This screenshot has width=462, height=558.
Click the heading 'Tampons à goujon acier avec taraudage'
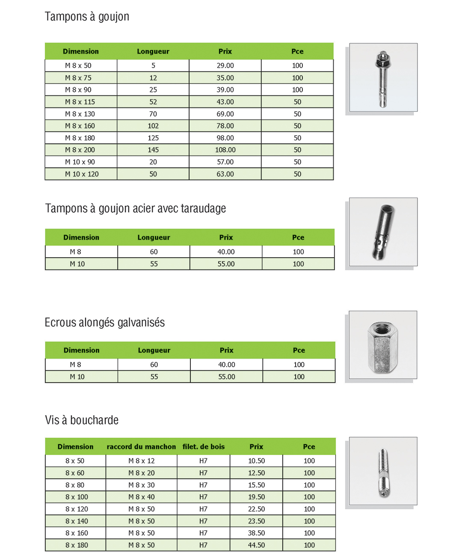click(x=136, y=208)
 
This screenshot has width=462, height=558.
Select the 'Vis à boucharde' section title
click(x=82, y=420)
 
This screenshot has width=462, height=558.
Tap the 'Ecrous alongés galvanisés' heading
click(x=105, y=323)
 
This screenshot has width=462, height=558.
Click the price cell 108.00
click(x=225, y=150)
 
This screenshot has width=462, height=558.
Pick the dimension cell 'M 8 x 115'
click(x=80, y=102)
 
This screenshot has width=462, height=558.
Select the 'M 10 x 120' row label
click(x=82, y=174)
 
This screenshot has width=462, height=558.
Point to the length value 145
click(x=153, y=150)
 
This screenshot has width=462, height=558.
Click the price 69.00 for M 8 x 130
click(x=225, y=114)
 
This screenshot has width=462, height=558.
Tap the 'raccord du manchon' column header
click(x=141, y=447)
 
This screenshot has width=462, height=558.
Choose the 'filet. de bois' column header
click(x=204, y=447)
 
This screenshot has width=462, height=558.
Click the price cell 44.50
click(x=256, y=545)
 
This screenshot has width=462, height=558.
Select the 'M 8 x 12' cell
click(x=142, y=461)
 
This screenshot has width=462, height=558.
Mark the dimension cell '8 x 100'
click(x=77, y=497)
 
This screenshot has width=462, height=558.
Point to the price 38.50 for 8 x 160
click(x=256, y=533)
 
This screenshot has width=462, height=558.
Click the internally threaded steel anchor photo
click(x=383, y=232)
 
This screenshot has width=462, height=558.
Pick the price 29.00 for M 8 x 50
click(x=225, y=65)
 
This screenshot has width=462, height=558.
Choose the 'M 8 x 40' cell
click(x=142, y=497)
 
